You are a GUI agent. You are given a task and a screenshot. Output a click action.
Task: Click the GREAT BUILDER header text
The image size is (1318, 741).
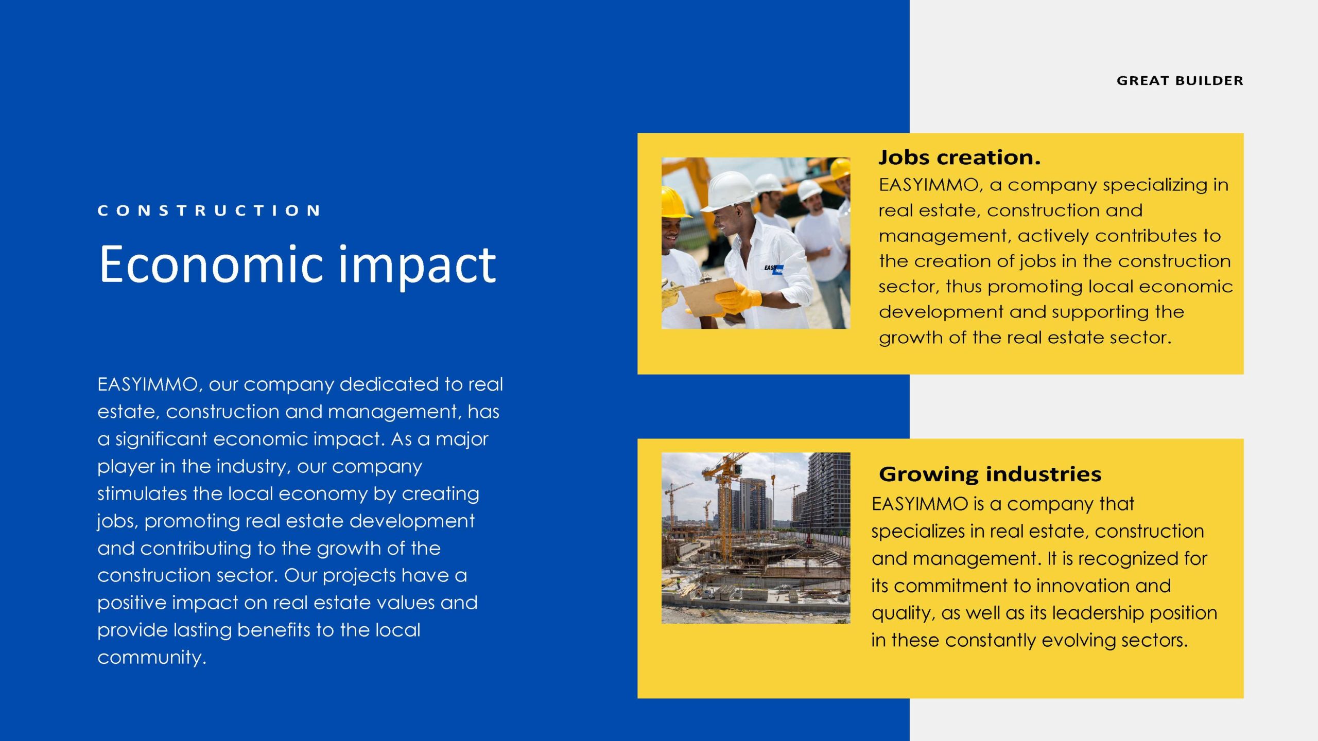[1180, 81]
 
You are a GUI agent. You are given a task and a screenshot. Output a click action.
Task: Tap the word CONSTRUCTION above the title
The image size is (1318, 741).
[209, 210]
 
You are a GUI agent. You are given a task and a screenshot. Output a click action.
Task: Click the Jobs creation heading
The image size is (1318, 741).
[959, 157]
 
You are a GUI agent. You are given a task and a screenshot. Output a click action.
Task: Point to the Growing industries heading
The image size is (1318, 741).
[990, 474]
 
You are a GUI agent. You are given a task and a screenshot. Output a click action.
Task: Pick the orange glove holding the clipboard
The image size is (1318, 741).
[738, 298]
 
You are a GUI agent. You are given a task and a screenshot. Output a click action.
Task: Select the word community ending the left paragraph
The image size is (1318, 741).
[151, 658]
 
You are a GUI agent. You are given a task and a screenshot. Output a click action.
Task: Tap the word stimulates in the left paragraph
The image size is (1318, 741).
[142, 493]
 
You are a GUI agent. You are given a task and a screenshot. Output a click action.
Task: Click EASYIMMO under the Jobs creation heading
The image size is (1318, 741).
[928, 185]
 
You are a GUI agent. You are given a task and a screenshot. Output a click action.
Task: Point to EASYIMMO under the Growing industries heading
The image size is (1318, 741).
[920, 504]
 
